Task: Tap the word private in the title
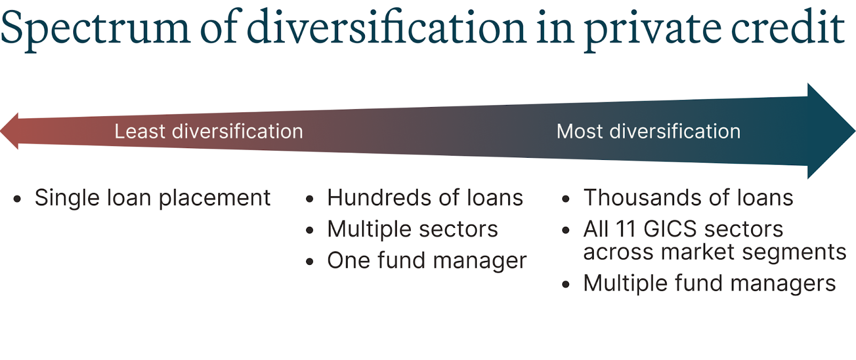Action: pyautogui.click(x=652, y=30)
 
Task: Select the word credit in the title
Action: pyautogui.click(x=788, y=26)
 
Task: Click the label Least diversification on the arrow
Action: pyautogui.click(x=209, y=132)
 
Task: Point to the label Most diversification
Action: pyautogui.click(x=648, y=132)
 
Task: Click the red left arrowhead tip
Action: pyautogui.click(x=1, y=131)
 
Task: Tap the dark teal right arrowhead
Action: pyautogui.click(x=831, y=131)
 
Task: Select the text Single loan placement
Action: pyautogui.click(x=152, y=198)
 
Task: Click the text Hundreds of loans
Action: pyautogui.click(x=425, y=198)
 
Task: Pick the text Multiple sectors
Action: pyautogui.click(x=412, y=229)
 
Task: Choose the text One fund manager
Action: pyautogui.click(x=427, y=261)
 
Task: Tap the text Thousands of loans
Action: pyautogui.click(x=688, y=198)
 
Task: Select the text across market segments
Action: pyautogui.click(x=715, y=252)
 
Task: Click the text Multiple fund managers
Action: pyautogui.click(x=709, y=284)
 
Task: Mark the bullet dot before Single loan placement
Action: pyautogui.click(x=17, y=199)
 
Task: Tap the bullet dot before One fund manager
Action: pyautogui.click(x=310, y=262)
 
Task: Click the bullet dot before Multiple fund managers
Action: pyautogui.click(x=566, y=285)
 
